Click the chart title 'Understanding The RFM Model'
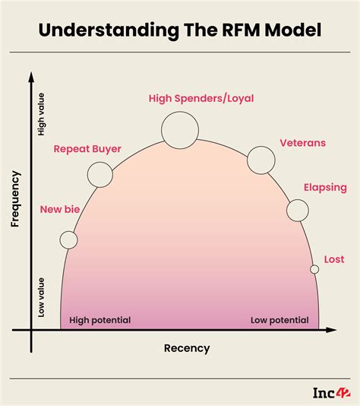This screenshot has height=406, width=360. [180, 31]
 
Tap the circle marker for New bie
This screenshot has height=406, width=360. [68, 240]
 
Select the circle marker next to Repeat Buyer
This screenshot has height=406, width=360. [99, 175]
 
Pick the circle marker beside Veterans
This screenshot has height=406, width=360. [261, 159]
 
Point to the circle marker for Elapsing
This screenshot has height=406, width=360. [298, 210]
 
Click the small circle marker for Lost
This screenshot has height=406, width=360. [314, 268]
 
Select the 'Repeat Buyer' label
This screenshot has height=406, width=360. [87, 149]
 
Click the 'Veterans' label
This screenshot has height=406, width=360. [302, 142]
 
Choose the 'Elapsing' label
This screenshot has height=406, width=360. [325, 187]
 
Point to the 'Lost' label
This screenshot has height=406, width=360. [334, 259]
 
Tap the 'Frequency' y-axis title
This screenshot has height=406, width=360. [14, 199]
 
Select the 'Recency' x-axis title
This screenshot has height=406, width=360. [187, 348]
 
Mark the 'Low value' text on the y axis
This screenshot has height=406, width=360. [41, 299]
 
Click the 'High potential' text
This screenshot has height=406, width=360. [100, 320]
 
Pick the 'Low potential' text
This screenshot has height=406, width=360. [279, 320]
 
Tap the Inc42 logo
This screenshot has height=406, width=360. [331, 392]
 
